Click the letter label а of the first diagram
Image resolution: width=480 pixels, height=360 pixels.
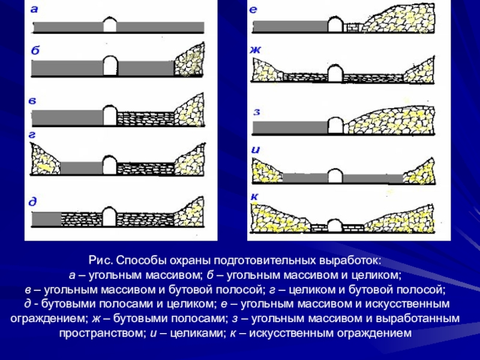(34, 9)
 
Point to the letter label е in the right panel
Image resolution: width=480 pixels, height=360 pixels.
(253, 9)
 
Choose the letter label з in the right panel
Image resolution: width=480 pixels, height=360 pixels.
(256, 111)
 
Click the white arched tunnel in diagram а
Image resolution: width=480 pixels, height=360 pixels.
(110, 25)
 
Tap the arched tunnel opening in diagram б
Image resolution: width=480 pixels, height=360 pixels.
(110, 65)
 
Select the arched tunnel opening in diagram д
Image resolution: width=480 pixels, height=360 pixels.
(110, 217)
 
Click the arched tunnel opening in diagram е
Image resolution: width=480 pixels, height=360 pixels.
(335, 25)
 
